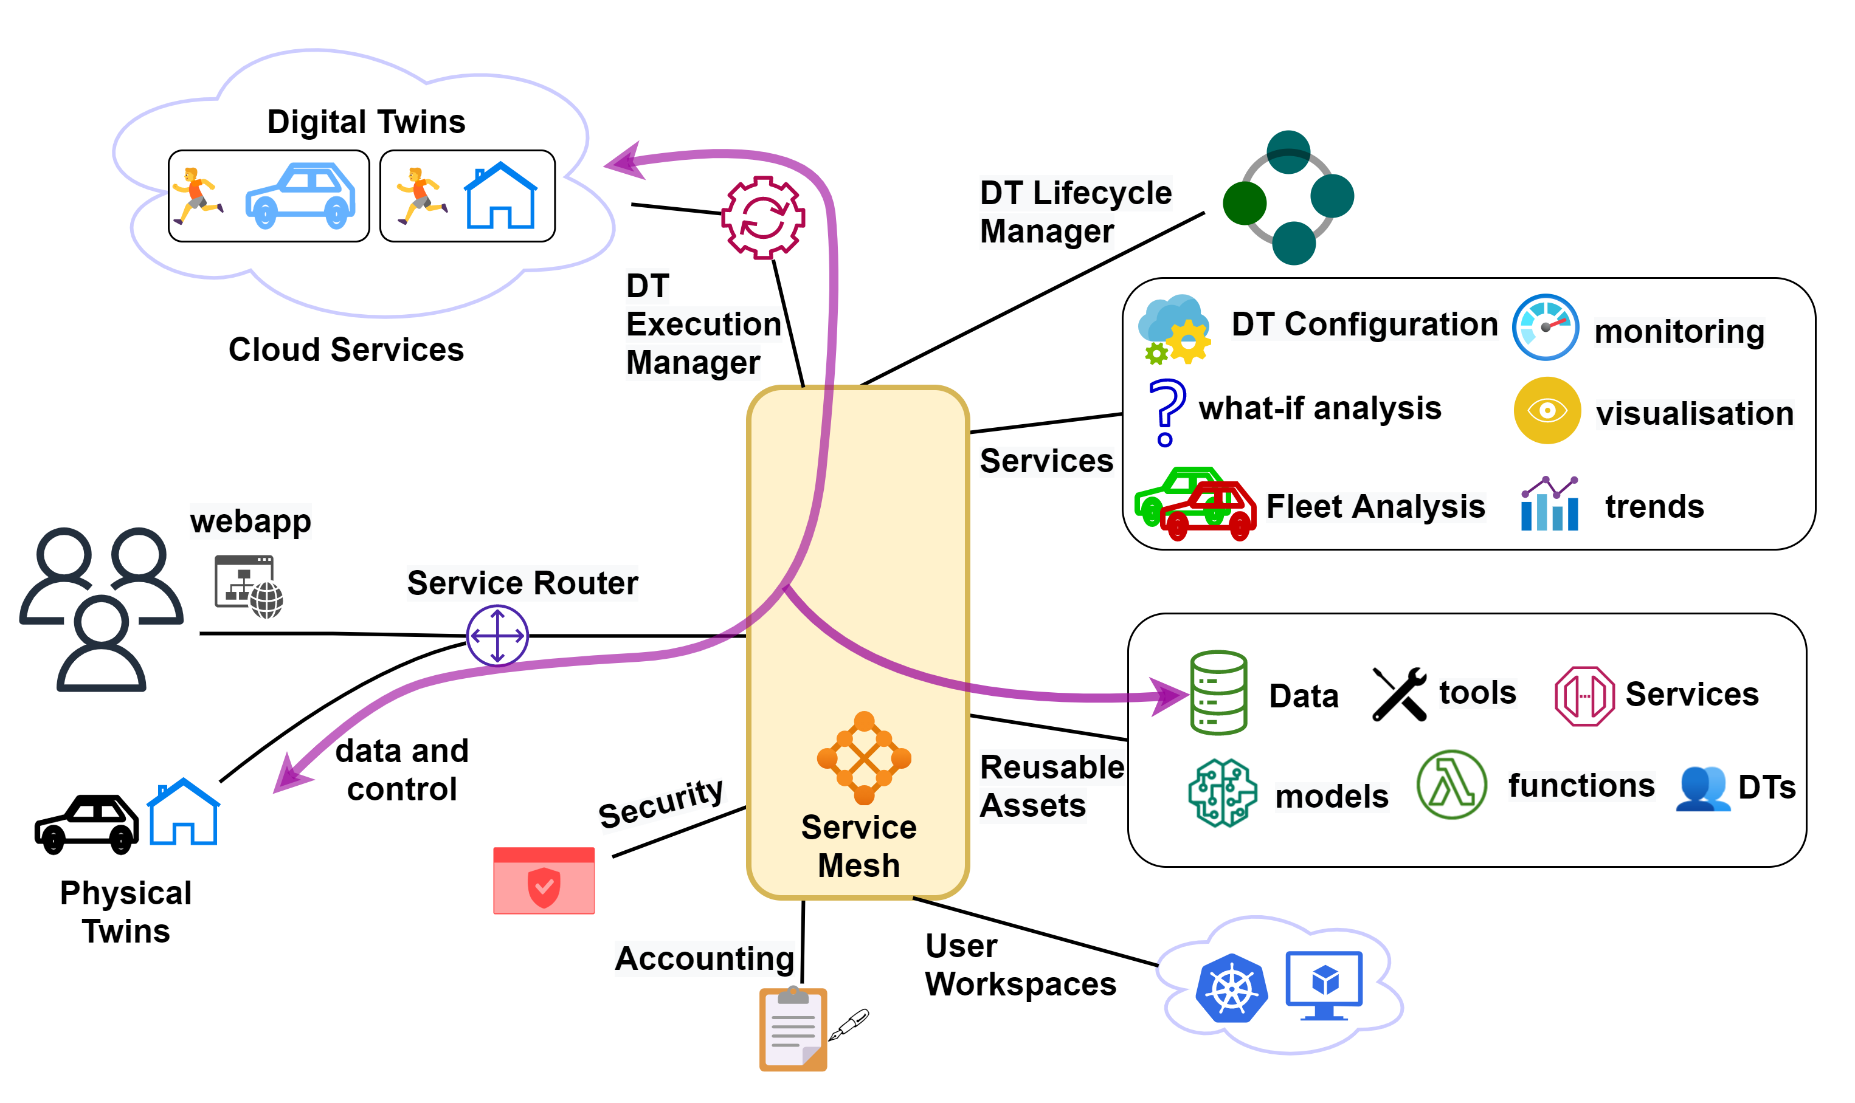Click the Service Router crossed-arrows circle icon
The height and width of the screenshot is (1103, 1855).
coord(497,636)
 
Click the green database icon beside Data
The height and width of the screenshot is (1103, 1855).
coord(1217,692)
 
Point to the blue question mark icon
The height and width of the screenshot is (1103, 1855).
coord(1165,411)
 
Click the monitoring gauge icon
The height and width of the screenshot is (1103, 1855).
coord(1544,327)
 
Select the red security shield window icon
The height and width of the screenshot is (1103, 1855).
coord(544,880)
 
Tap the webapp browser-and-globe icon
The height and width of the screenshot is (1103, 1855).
coord(247,586)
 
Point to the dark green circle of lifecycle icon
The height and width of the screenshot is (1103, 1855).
coord(1244,203)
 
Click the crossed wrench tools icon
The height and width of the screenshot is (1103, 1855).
coord(1398,693)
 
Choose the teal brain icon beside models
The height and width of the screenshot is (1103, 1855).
coord(1221,792)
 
